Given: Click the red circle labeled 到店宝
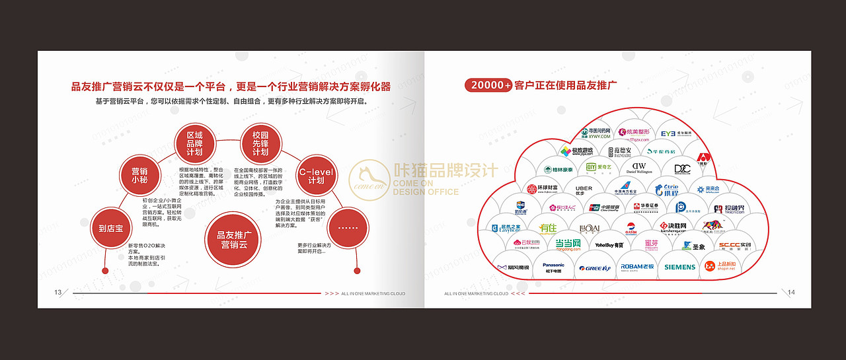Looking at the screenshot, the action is coord(111,229).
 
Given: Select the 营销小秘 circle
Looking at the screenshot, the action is coord(139,174).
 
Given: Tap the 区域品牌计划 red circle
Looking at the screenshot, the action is coord(194,143).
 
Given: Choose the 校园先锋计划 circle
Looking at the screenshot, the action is coord(260,143).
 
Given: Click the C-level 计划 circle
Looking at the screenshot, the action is coord(316,176).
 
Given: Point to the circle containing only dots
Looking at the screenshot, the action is coord(348,229).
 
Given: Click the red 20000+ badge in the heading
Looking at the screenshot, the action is coord(489,85).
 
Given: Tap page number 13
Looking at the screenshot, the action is coord(58,293).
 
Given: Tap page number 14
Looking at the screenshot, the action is coord(791,293).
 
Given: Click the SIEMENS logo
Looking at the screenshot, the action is coord(679,267).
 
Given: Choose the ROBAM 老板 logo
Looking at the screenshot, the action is coord(637,267).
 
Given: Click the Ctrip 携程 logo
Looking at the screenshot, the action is coord(667,190).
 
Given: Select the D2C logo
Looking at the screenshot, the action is coord(682,168).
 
